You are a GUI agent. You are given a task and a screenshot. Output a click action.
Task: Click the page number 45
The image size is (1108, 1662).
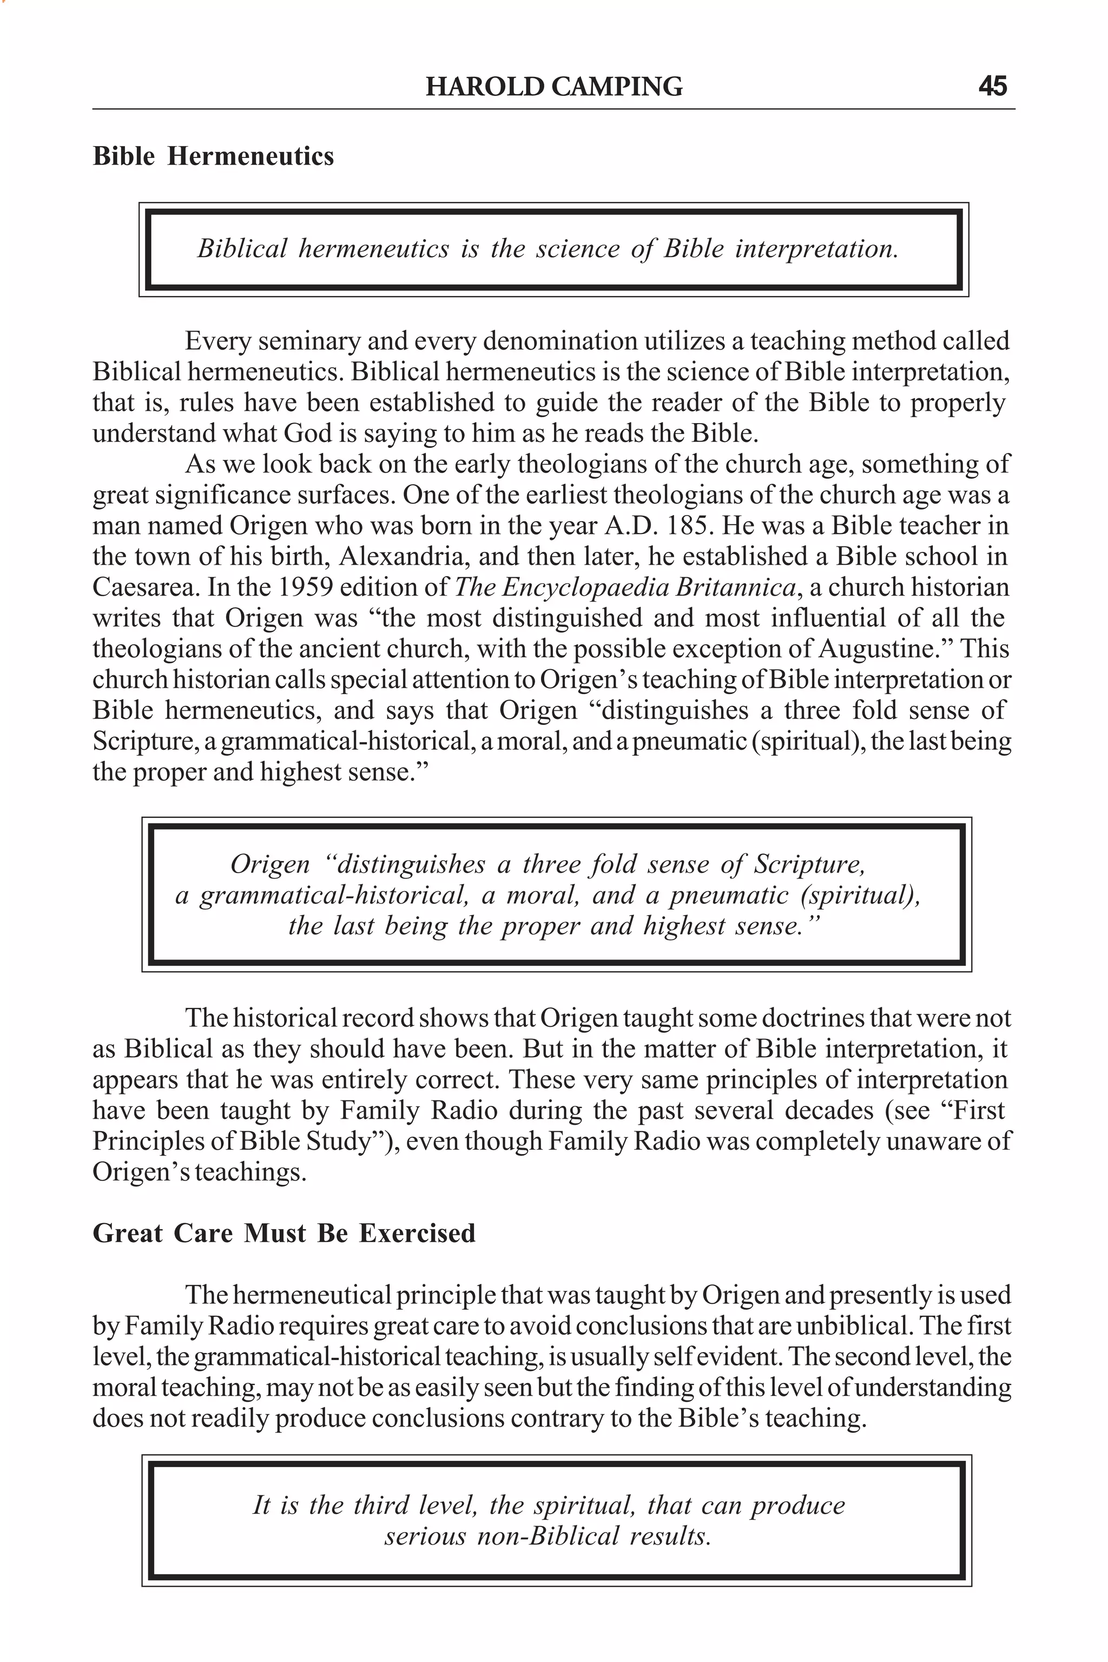point(992,86)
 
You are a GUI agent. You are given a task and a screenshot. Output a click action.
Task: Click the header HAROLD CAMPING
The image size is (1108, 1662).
point(554,86)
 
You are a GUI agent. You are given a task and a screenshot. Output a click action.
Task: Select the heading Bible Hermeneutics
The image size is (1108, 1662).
point(213,156)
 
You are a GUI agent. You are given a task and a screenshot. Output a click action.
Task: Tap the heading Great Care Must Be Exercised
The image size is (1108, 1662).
point(283,1233)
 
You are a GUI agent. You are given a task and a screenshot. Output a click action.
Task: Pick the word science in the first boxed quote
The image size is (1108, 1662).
point(577,249)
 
